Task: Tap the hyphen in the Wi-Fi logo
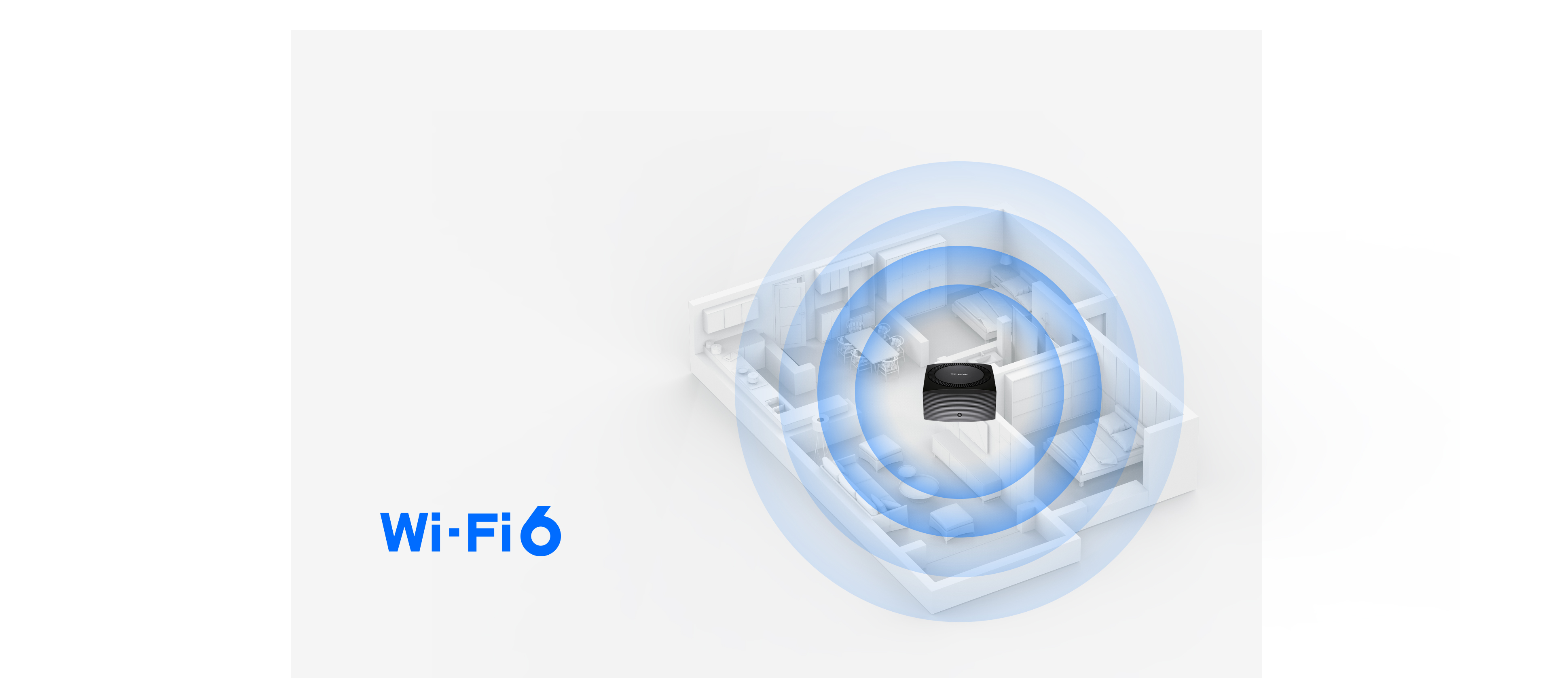pos(454,532)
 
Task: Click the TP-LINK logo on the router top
pos(958,374)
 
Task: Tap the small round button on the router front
pos(959,415)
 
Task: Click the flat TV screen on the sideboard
pos(977,440)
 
